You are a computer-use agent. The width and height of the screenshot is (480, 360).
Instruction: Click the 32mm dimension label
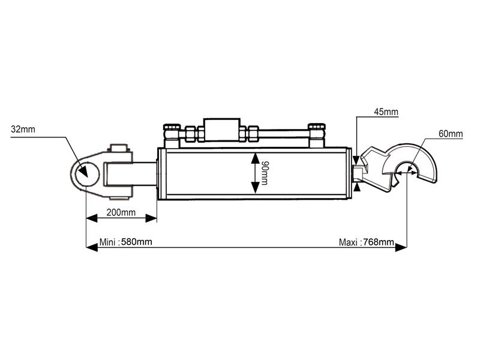tap(23, 128)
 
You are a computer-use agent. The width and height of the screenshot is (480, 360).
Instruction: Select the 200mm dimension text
tap(121, 212)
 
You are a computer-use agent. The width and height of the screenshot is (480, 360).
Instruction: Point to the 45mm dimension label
tap(386, 112)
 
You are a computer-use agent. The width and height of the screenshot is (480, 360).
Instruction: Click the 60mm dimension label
tap(450, 133)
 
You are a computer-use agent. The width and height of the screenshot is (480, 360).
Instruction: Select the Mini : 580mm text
tap(125, 242)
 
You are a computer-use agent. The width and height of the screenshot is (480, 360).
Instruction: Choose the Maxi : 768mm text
tap(366, 242)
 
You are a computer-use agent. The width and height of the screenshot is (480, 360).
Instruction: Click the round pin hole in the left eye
tap(82, 172)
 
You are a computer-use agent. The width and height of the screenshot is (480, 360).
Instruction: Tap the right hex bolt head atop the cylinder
tap(316, 128)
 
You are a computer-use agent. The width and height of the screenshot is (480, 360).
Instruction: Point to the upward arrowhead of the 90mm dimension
tap(256, 158)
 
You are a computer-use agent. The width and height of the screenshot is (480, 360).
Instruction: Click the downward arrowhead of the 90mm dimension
tap(256, 188)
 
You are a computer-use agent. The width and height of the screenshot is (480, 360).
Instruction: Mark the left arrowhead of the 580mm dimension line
tap(91, 247)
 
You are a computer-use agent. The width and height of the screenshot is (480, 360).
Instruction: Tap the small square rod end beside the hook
tap(358, 174)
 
